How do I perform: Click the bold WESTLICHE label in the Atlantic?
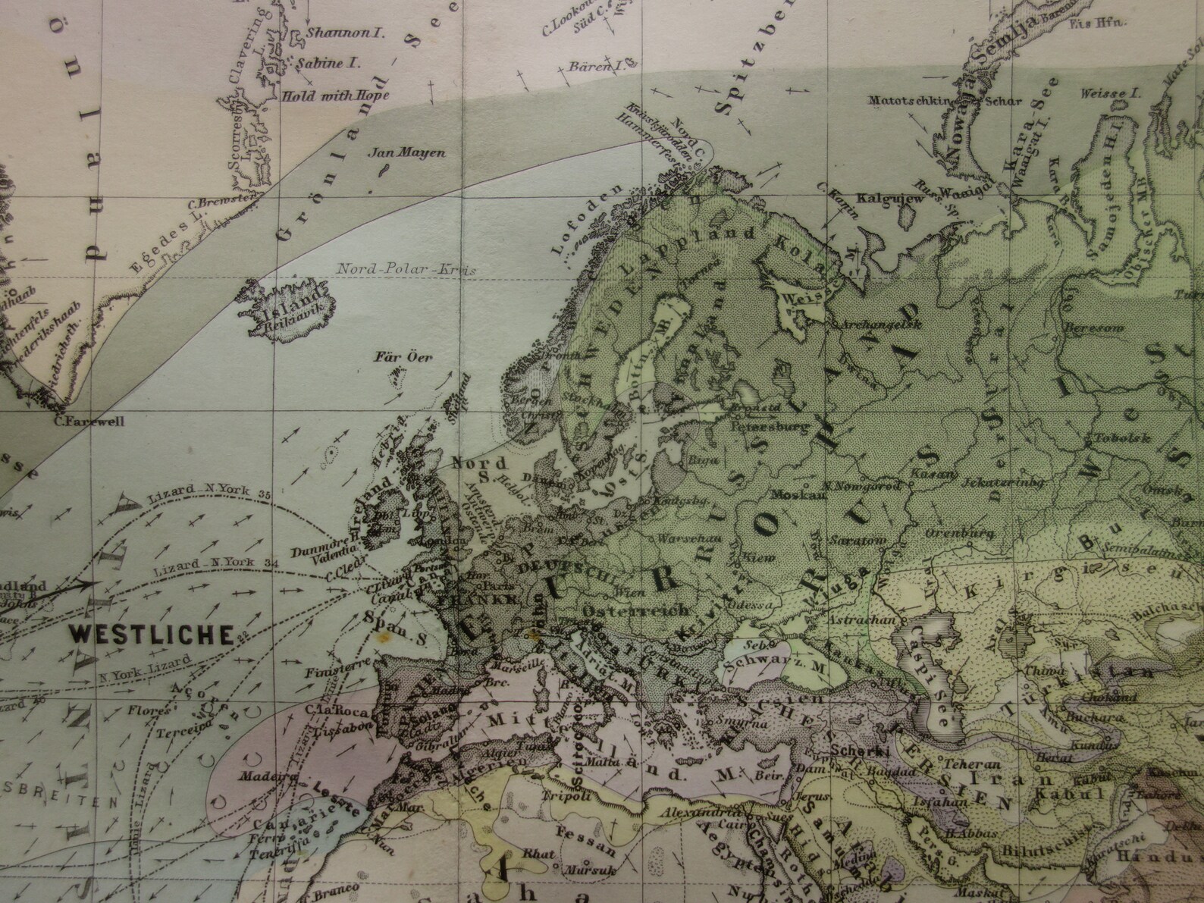[x=151, y=635]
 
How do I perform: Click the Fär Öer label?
[x=403, y=357]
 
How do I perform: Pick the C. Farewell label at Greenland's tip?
[x=89, y=422]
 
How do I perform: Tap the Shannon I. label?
[x=334, y=34]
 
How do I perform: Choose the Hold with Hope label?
[x=334, y=96]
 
